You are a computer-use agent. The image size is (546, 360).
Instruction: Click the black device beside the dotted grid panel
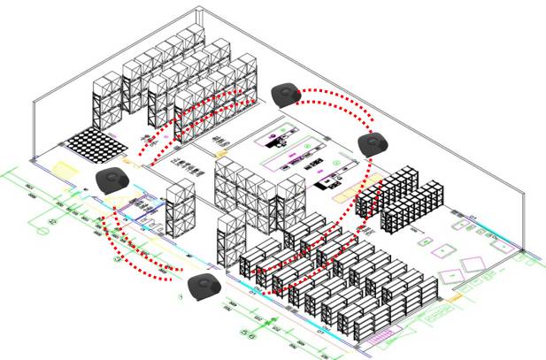click(113, 180)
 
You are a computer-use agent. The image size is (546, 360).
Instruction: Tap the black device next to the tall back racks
click(286, 94)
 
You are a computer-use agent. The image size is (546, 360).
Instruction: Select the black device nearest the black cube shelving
click(373, 143)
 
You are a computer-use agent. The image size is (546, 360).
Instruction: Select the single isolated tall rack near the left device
click(181, 209)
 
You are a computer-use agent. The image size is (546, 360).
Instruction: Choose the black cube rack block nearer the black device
click(387, 190)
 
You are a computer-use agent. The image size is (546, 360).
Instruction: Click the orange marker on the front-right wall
click(456, 301)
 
